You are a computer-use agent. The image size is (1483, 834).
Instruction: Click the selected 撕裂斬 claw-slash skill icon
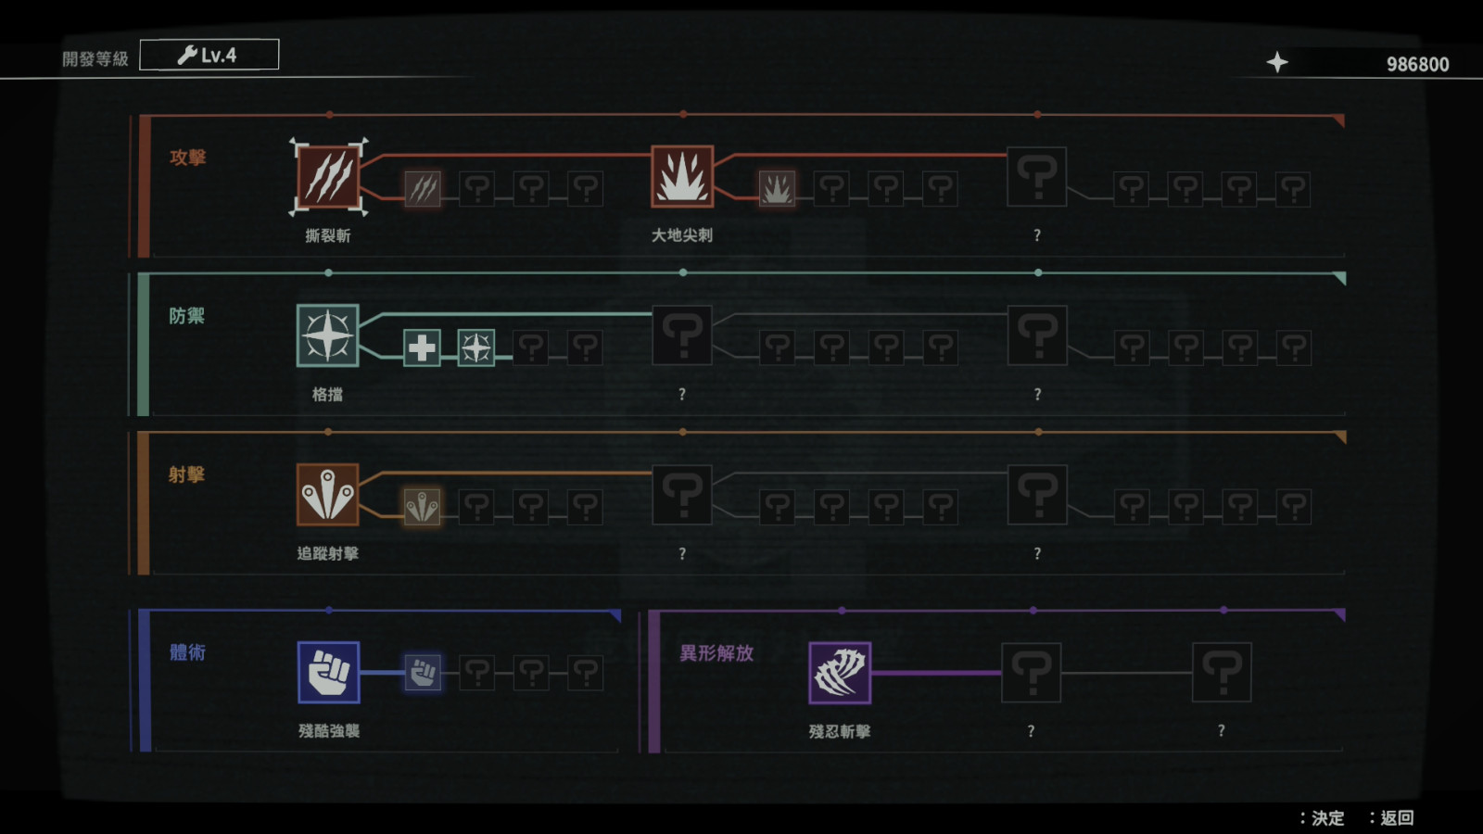pyautogui.click(x=328, y=177)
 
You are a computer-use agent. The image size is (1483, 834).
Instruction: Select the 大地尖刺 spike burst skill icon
pyautogui.click(x=682, y=177)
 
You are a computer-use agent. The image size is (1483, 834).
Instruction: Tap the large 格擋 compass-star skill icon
pyautogui.click(x=328, y=335)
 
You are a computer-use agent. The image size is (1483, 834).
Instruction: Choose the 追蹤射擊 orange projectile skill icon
pyautogui.click(x=328, y=495)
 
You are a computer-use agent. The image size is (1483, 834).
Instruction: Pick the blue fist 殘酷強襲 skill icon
pyautogui.click(x=328, y=673)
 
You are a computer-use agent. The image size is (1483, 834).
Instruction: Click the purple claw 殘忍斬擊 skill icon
pyautogui.click(x=840, y=673)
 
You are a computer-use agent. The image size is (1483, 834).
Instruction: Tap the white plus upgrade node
pyautogui.click(x=422, y=347)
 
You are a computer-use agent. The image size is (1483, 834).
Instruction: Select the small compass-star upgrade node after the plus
pyautogui.click(x=476, y=347)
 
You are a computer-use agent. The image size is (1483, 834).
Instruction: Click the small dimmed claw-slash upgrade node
pyautogui.click(x=423, y=189)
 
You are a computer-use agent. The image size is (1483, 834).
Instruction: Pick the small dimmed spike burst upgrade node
pyautogui.click(x=777, y=189)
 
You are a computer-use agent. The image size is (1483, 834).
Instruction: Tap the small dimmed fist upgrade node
pyautogui.click(x=423, y=673)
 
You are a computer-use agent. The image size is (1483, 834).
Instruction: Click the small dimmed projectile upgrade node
pyautogui.click(x=422, y=507)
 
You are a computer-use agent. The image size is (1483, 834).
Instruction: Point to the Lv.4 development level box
pyautogui.click(x=209, y=55)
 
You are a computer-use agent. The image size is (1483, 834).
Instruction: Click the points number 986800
pyautogui.click(x=1417, y=64)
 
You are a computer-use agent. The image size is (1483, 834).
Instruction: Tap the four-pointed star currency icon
pyautogui.click(x=1277, y=63)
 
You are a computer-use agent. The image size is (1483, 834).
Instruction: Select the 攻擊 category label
pyautogui.click(x=188, y=158)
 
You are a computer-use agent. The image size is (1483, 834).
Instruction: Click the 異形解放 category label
pyautogui.click(x=716, y=653)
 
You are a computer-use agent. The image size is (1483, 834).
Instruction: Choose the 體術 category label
pyautogui.click(x=188, y=652)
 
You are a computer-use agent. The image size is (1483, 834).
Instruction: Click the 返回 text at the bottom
pyautogui.click(x=1397, y=818)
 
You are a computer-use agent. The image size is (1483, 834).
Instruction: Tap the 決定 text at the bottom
pyautogui.click(x=1328, y=818)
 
